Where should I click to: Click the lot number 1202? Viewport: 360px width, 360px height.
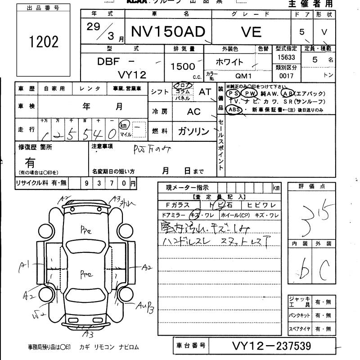pyautogui.click(x=44, y=42)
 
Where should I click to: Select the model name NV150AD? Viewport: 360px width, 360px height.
pyautogui.click(x=167, y=31)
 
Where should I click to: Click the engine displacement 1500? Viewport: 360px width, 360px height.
pyautogui.click(x=183, y=66)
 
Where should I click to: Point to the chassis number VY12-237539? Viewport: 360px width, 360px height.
pyautogui.click(x=271, y=346)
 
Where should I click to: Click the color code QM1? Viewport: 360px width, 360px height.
pyautogui.click(x=244, y=76)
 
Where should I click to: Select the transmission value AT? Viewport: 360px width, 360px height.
pyautogui.click(x=205, y=92)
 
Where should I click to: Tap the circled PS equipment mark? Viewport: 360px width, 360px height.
pyautogui.click(x=233, y=93)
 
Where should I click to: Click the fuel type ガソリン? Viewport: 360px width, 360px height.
pyautogui.click(x=193, y=131)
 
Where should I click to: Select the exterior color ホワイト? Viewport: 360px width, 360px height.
pyautogui.click(x=229, y=62)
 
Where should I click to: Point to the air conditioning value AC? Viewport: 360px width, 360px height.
pyautogui.click(x=194, y=111)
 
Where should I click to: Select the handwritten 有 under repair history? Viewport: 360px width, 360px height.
pyautogui.click(x=31, y=162)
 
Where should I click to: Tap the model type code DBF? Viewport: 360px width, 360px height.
pyautogui.click(x=108, y=62)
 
